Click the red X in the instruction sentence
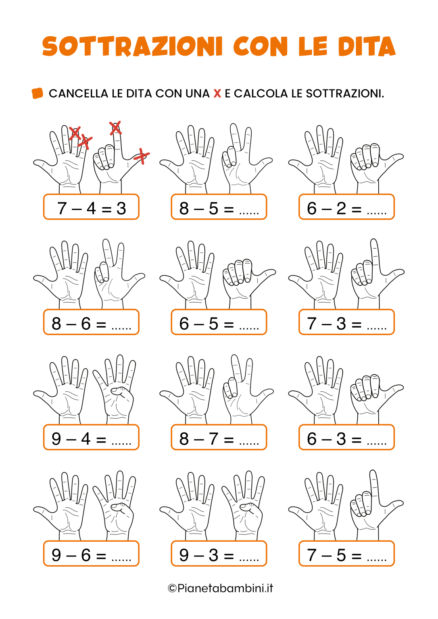(x=217, y=93)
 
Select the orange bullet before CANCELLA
(x=38, y=93)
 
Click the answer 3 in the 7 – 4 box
(x=121, y=208)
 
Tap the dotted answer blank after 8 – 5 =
(x=249, y=210)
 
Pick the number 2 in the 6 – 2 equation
(x=341, y=208)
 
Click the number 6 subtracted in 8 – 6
(x=86, y=324)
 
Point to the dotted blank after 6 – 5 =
(x=249, y=326)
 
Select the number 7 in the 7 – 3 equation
(x=312, y=324)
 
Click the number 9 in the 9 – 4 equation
(x=56, y=439)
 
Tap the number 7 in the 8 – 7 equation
(x=213, y=439)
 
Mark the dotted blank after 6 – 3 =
(x=377, y=441)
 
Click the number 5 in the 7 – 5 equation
(x=341, y=555)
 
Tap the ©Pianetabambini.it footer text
(x=220, y=588)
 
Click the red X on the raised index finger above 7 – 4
(x=115, y=128)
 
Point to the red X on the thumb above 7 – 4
(x=142, y=156)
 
